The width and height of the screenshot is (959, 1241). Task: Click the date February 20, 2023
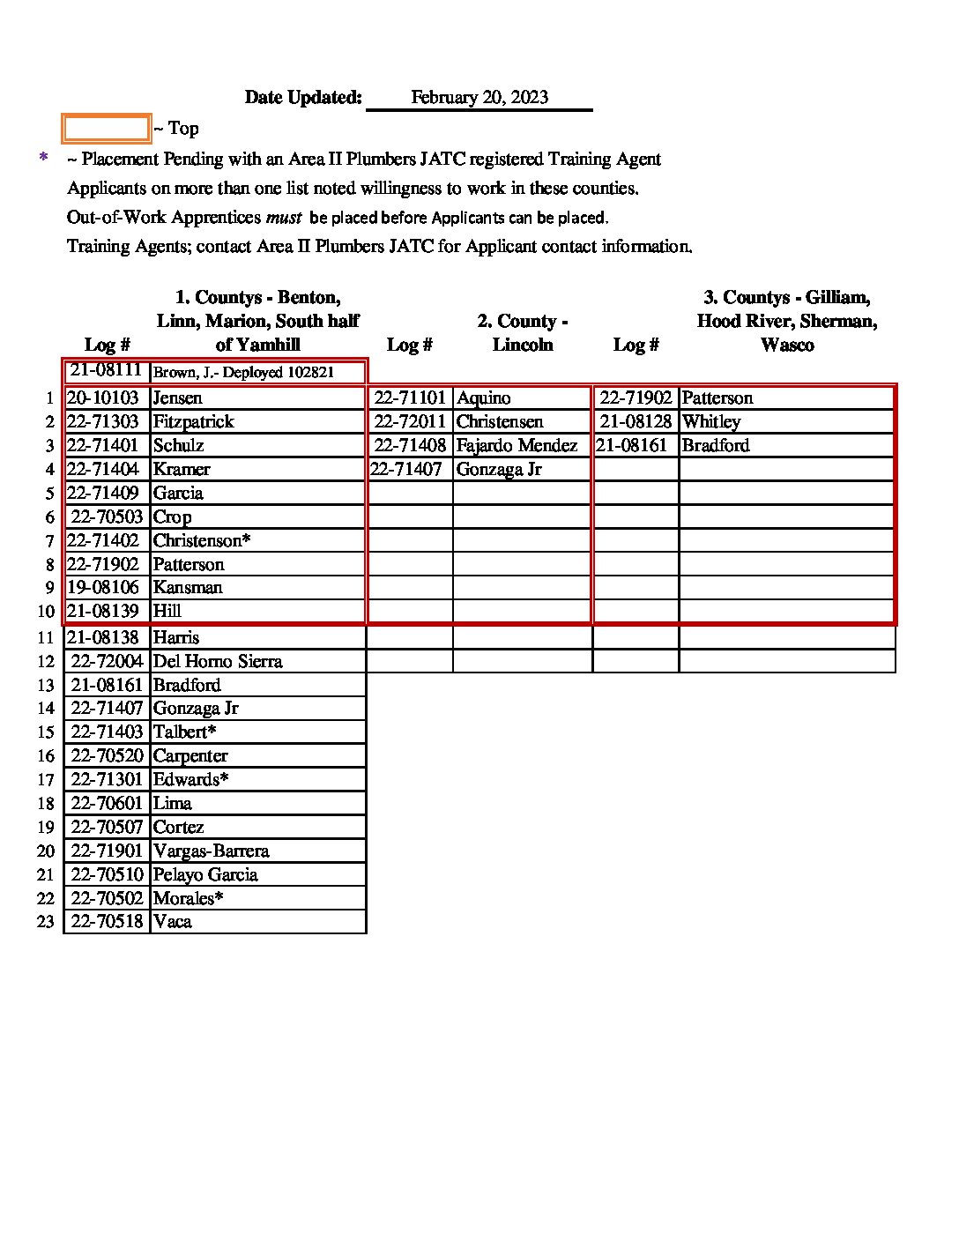click(x=479, y=98)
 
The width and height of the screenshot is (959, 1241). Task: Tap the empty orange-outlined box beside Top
click(x=106, y=129)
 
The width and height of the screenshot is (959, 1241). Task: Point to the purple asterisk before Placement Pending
click(x=43, y=159)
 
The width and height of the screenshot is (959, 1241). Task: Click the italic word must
click(x=283, y=217)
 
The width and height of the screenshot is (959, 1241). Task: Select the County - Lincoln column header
click(x=522, y=332)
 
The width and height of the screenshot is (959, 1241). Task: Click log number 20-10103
click(x=103, y=398)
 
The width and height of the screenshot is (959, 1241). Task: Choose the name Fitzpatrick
click(x=193, y=422)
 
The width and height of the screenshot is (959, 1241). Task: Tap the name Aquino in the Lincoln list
click(x=483, y=398)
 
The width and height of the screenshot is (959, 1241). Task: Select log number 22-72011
click(x=410, y=422)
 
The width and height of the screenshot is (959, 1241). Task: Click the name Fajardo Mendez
click(x=517, y=446)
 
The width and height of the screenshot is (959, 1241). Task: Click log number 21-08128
click(x=636, y=422)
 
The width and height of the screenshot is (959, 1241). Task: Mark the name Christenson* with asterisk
click(x=201, y=541)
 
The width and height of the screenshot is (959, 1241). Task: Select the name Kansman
click(x=187, y=588)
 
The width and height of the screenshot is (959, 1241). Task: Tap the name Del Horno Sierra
click(x=218, y=662)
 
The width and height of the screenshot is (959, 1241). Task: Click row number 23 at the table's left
click(x=46, y=923)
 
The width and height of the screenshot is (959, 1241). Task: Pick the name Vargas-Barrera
click(x=211, y=851)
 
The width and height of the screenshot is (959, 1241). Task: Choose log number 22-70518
click(x=107, y=922)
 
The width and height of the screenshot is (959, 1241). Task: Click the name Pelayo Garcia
click(x=205, y=875)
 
